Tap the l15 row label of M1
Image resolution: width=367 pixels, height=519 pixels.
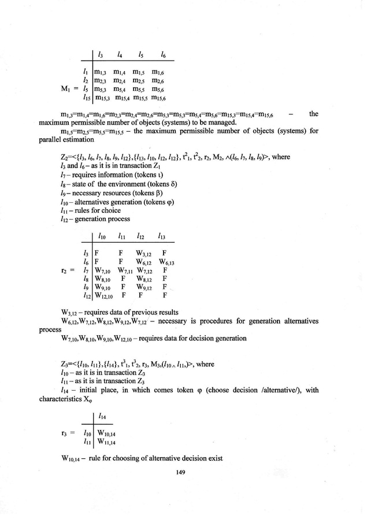(x=85, y=99)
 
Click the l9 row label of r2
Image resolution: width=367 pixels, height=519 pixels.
(x=86, y=287)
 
